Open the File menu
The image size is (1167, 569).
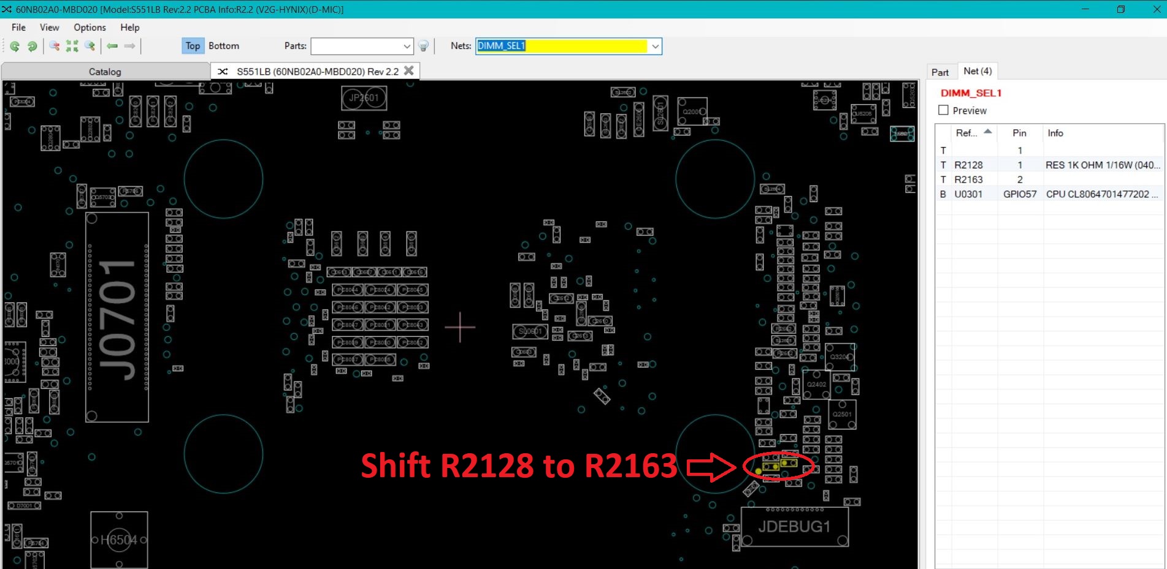click(x=18, y=28)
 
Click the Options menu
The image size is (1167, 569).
click(x=90, y=28)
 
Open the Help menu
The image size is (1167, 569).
click(x=129, y=28)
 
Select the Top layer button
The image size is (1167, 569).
click(x=193, y=46)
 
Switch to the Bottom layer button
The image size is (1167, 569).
click(x=224, y=46)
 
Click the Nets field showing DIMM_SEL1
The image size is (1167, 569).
click(x=561, y=46)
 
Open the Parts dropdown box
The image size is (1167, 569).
click(x=362, y=46)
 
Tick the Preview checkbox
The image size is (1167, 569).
click(x=944, y=110)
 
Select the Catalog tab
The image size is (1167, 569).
click(x=105, y=72)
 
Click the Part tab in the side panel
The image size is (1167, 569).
click(x=939, y=72)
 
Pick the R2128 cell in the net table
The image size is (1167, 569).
click(x=968, y=165)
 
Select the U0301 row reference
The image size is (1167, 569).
click(x=968, y=194)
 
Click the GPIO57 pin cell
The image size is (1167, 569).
click(x=1019, y=194)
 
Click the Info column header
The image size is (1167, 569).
click(x=1055, y=133)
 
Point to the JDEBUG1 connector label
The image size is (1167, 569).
click(x=794, y=527)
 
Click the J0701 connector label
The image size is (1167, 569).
click(x=117, y=318)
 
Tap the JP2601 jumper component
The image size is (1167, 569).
click(x=364, y=98)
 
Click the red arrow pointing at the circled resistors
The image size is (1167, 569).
click(x=711, y=467)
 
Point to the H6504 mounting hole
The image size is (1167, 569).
click(x=119, y=540)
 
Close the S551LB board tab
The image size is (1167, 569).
click(x=409, y=71)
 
